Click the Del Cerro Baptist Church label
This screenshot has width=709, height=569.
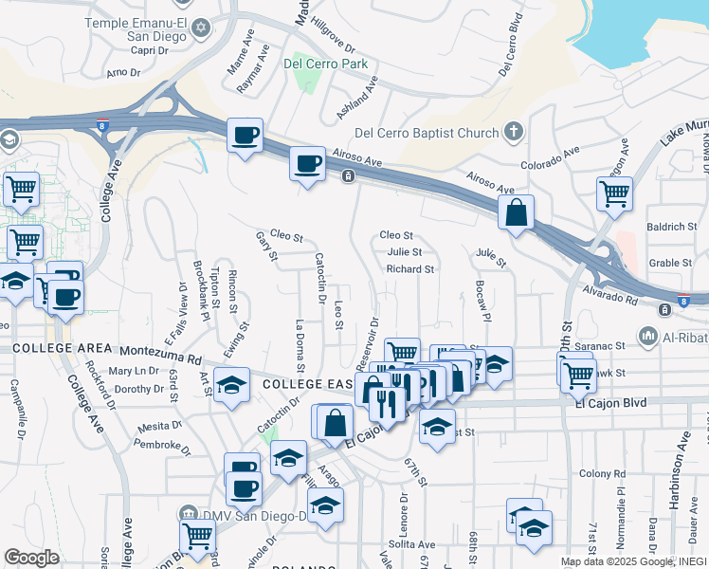tap(426, 133)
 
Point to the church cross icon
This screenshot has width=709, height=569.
tap(513, 132)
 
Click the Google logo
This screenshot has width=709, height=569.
tap(31, 557)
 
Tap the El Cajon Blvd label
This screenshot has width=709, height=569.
tap(610, 402)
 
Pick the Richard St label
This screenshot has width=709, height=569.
tap(409, 269)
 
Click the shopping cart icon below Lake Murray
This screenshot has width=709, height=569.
tap(614, 193)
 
